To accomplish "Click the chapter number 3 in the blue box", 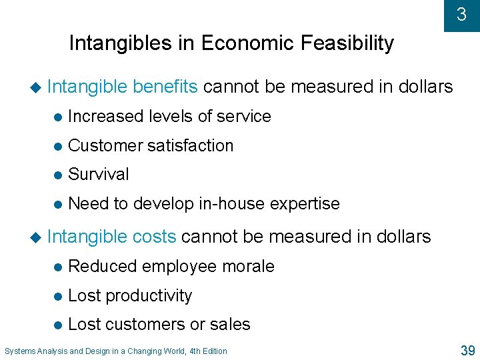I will tap(461, 14).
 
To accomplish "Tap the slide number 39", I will tap(466, 350).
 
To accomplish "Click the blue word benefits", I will tap(165, 87).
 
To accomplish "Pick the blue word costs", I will tap(155, 237).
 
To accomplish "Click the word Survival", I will tap(99, 175).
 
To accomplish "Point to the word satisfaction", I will tap(190, 146).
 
